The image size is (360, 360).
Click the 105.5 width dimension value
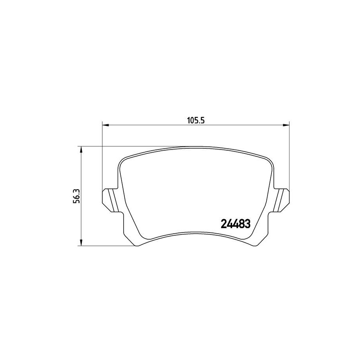(x=195, y=121)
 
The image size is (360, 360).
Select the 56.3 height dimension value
(x=78, y=195)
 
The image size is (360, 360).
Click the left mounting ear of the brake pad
(x=108, y=199)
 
